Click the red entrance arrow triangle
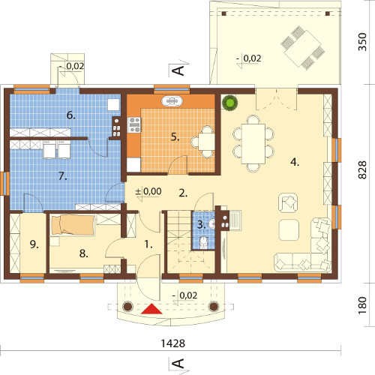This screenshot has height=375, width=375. click(x=151, y=309)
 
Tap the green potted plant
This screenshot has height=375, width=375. click(x=229, y=103)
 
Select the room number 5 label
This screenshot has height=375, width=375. click(x=175, y=137)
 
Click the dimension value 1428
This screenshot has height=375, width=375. click(x=172, y=343)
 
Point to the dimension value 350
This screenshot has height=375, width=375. click(x=362, y=42)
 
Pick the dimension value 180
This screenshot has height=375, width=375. click(x=362, y=305)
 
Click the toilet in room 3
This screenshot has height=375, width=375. click(x=204, y=242)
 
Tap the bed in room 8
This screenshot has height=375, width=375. click(x=73, y=225)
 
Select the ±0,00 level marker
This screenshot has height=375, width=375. click(x=148, y=191)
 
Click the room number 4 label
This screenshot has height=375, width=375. click(x=295, y=162)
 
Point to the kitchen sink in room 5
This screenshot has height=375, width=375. click(x=172, y=101)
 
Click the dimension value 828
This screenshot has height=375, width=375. click(x=362, y=170)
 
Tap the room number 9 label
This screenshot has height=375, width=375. click(x=34, y=244)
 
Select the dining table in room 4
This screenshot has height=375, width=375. click(x=253, y=144)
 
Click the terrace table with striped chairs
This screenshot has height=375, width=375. click(x=302, y=48)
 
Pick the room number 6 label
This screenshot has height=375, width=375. click(x=70, y=115)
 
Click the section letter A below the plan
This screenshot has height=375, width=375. click(x=178, y=364)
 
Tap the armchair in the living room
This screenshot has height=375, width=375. click(x=288, y=202)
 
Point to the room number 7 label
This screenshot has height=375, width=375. click(x=63, y=176)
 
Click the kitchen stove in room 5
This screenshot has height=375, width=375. click(x=134, y=124)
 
